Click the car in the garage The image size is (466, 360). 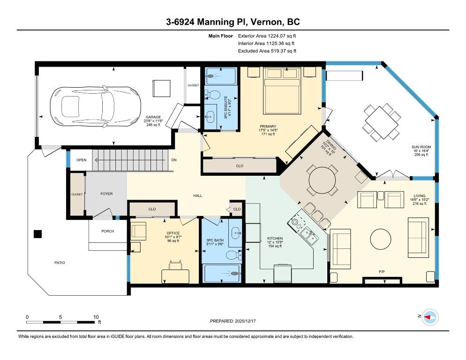[95, 107]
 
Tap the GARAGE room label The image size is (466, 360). [153, 117]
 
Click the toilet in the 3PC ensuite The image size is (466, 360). [212, 95]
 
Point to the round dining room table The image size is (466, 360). [323, 180]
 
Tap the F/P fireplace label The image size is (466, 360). [382, 272]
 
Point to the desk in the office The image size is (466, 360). [175, 277]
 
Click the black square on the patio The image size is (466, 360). [38, 234]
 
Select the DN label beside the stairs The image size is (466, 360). [174, 160]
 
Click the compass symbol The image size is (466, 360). [430, 317]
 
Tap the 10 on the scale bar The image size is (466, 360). [96, 317]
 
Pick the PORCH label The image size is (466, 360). [107, 231]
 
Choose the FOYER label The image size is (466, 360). [106, 194]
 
